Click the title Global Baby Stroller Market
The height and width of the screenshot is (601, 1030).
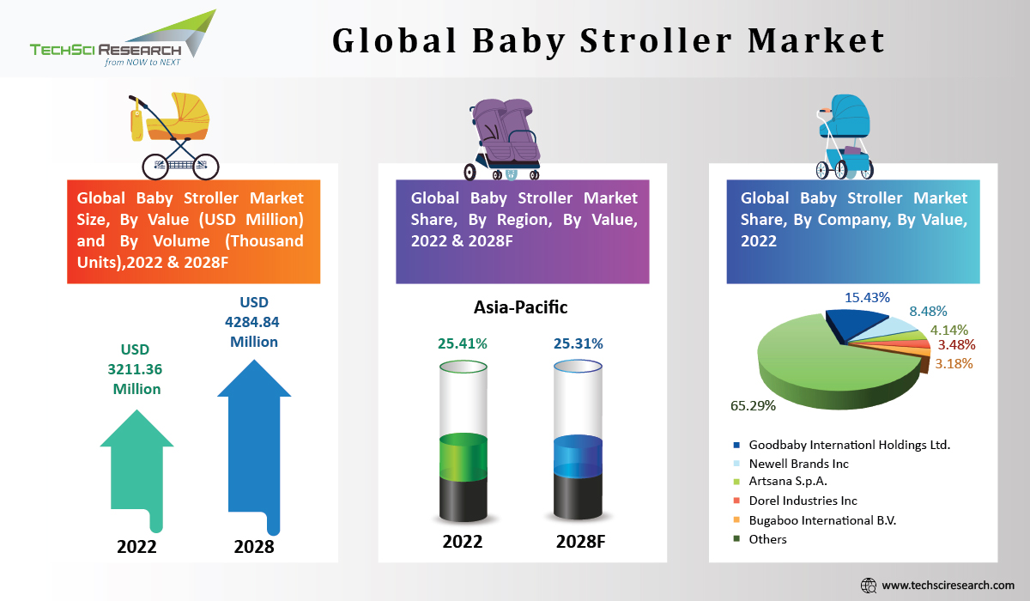point(609,40)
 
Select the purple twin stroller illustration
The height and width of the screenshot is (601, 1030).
point(506,138)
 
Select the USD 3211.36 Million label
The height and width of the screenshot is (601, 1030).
point(136,369)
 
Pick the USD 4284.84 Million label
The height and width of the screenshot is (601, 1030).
point(253,322)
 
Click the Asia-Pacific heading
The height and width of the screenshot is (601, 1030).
point(521,307)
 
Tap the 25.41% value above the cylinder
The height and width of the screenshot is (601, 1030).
point(463,343)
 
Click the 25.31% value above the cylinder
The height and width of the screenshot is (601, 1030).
point(578,343)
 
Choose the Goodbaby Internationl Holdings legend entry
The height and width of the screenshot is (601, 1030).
point(841,445)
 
